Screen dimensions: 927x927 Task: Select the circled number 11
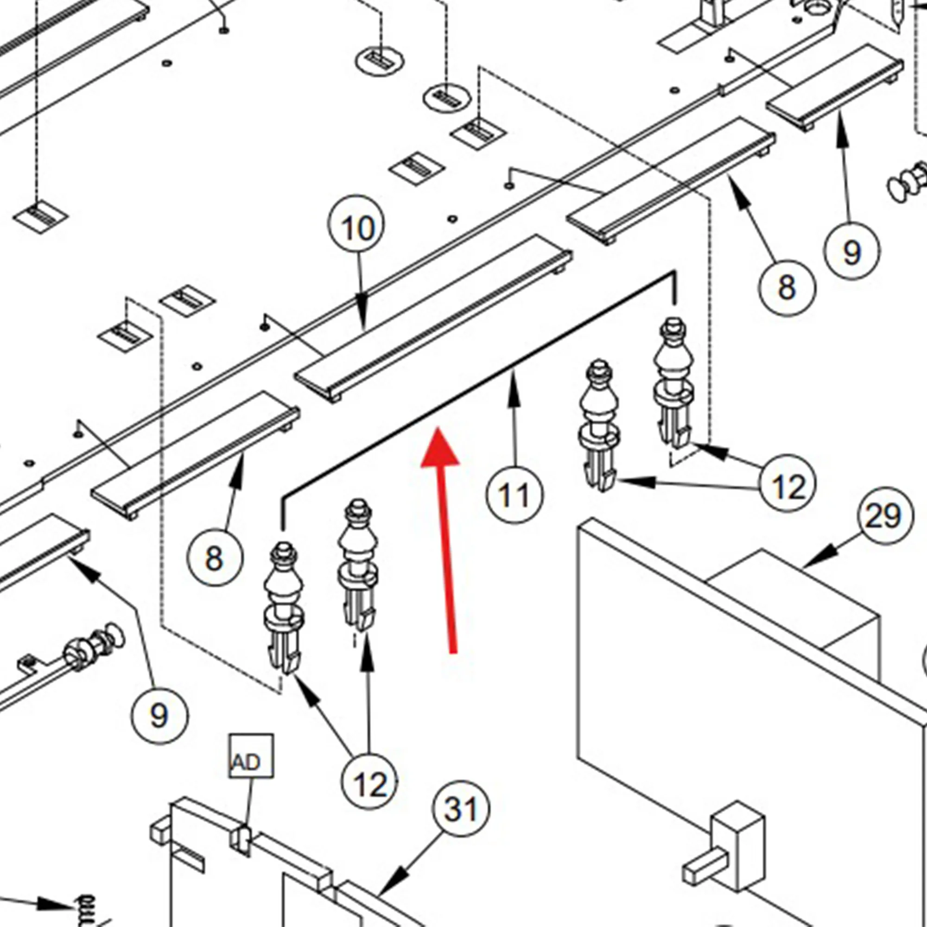click(514, 495)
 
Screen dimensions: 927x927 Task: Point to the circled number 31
click(461, 808)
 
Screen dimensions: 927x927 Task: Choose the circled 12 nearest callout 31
click(369, 784)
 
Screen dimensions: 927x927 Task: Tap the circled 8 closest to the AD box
click(215, 558)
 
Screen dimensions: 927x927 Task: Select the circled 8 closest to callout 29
click(787, 287)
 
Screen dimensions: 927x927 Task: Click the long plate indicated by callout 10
click(432, 319)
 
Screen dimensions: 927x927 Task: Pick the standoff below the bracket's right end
click(674, 381)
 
